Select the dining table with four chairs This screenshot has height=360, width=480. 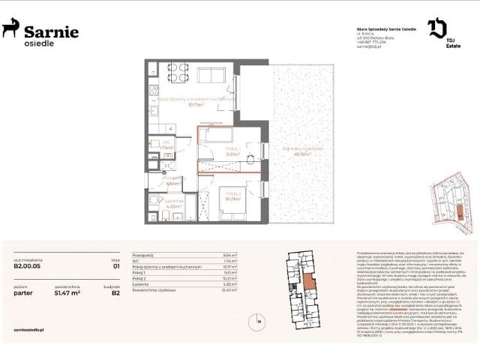(x=178, y=73)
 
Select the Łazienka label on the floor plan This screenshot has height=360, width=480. (x=174, y=201)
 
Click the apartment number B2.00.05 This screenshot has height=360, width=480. (x=28, y=264)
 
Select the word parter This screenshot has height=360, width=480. (x=24, y=294)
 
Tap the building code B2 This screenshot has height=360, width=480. (x=116, y=294)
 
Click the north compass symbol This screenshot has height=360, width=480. (x=260, y=323)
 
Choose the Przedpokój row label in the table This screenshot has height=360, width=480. (x=142, y=255)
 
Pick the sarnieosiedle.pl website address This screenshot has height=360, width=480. (x=31, y=329)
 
